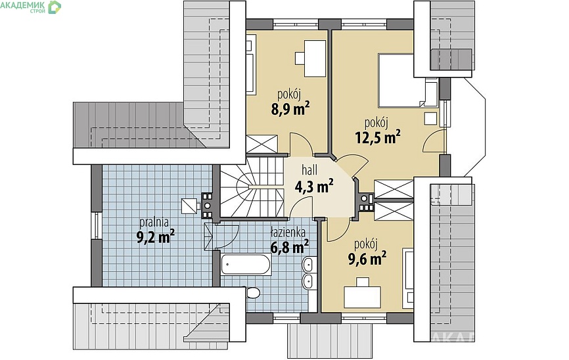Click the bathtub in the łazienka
click(246, 264)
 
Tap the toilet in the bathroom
click(252, 292)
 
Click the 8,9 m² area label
click(290, 108)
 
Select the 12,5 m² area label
click(378, 137)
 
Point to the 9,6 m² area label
click(367, 258)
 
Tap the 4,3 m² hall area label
click(314, 187)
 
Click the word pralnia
click(154, 222)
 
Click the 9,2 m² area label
click(155, 236)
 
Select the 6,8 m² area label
click(290, 246)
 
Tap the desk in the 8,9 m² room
click(315, 58)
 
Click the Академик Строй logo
click(31, 7)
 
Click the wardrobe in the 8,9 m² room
click(262, 144)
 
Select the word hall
click(309, 169)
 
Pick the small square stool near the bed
click(431, 118)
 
